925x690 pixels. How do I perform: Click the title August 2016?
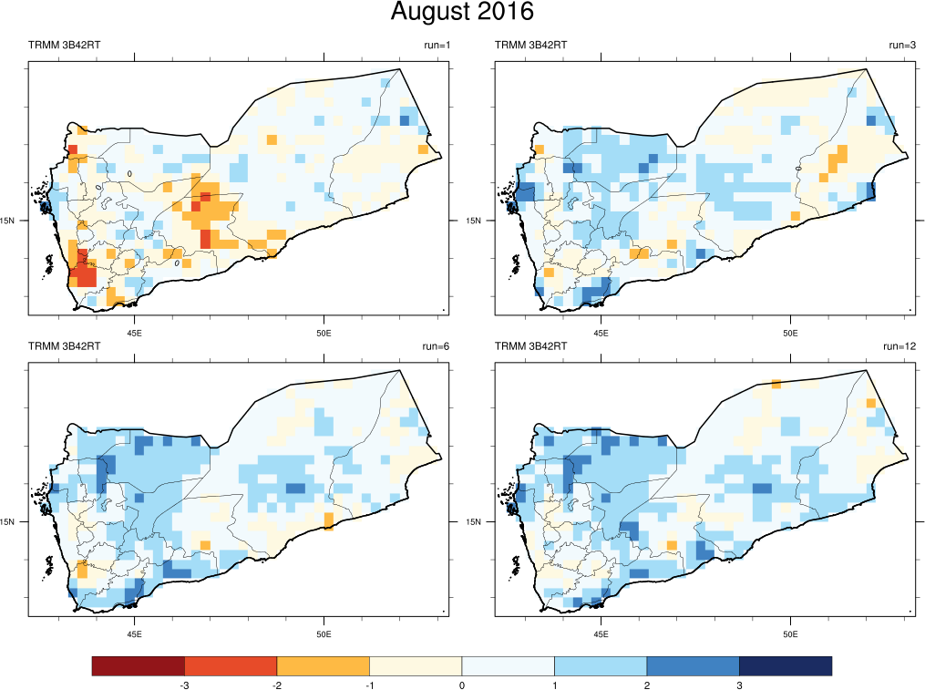click(x=462, y=13)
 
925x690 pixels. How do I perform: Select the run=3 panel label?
click(x=902, y=46)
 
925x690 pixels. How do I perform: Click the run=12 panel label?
click(x=899, y=346)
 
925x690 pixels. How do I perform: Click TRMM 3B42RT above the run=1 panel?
click(x=65, y=46)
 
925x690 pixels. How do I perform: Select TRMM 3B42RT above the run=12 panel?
click(x=531, y=346)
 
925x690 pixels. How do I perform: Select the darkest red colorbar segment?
click(x=138, y=666)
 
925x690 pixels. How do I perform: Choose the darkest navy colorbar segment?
click(x=786, y=666)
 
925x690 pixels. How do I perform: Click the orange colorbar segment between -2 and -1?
click(x=323, y=666)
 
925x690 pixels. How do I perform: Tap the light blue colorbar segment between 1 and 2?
click(x=601, y=666)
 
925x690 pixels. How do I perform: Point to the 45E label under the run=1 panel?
click(x=135, y=332)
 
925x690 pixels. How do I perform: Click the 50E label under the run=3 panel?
click(x=790, y=332)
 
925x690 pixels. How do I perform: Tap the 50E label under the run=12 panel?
click(x=790, y=633)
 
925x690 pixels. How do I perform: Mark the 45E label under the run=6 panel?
click(x=135, y=633)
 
